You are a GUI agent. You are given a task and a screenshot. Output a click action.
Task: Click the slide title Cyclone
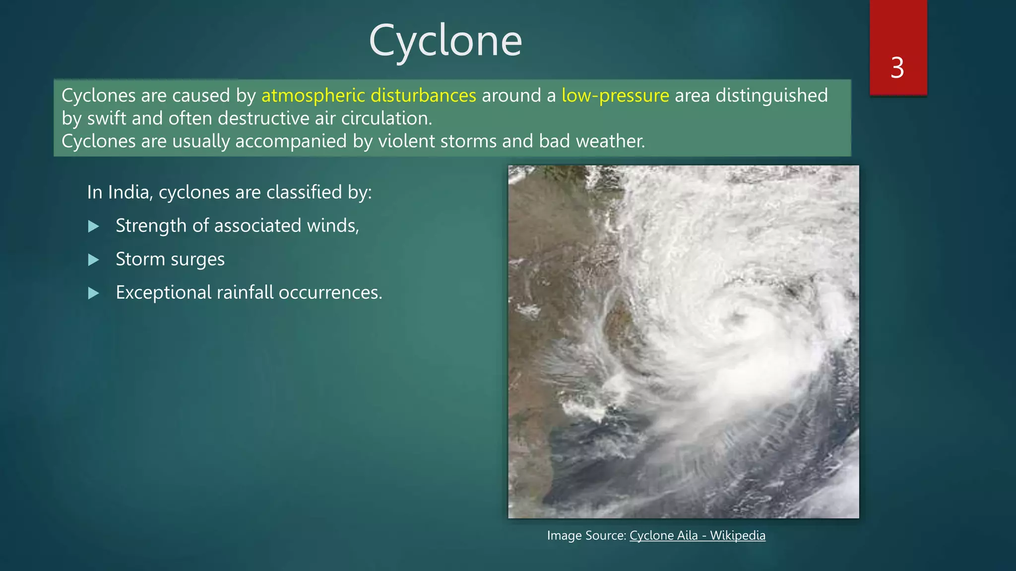tap(445, 41)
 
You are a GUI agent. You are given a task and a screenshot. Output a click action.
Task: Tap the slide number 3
tap(897, 68)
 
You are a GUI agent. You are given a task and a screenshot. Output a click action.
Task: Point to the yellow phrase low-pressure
tap(615, 95)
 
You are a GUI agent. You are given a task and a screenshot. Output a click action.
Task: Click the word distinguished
tap(771, 95)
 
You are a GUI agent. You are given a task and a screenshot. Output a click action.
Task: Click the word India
tap(130, 192)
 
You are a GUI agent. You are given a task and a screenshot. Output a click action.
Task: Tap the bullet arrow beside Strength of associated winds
tap(93, 227)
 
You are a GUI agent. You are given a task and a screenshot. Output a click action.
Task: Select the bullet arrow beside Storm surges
tap(93, 260)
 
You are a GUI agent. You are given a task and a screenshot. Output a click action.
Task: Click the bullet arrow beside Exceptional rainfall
tap(93, 293)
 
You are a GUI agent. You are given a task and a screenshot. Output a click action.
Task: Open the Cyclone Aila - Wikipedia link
tap(697, 535)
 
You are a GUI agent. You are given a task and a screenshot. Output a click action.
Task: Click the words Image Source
tap(586, 535)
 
